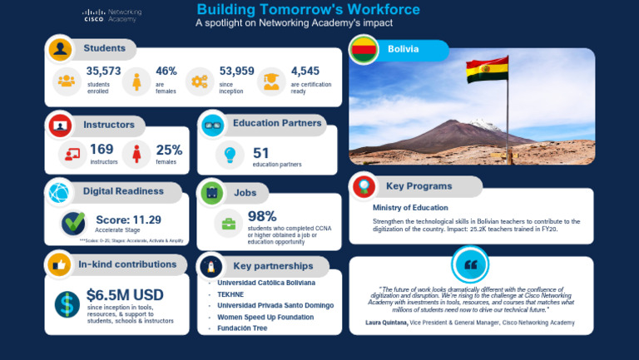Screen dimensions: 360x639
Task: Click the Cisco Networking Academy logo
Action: pos(111,16)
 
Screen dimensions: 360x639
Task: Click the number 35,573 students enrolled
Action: pos(103,72)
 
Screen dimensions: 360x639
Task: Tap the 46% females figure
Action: pos(166,72)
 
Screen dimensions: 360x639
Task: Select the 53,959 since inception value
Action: pos(236,72)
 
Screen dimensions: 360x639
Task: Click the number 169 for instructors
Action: pos(102,149)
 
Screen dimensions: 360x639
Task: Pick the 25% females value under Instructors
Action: pos(169,150)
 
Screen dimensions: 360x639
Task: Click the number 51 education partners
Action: pos(261,153)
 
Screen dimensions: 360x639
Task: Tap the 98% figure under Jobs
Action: pos(262,217)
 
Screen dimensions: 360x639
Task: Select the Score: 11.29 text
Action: pos(129,219)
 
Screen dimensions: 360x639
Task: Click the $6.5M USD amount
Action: pos(125,295)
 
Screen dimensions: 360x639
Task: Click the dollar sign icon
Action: pos(67,303)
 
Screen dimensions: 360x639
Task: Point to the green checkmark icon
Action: pos(73,223)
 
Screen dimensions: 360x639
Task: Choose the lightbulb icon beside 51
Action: pos(230,155)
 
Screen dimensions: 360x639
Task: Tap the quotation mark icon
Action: pos(470,265)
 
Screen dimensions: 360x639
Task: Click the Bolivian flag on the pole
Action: pos(487,72)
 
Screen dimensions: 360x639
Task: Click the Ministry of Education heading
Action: pos(410,208)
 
